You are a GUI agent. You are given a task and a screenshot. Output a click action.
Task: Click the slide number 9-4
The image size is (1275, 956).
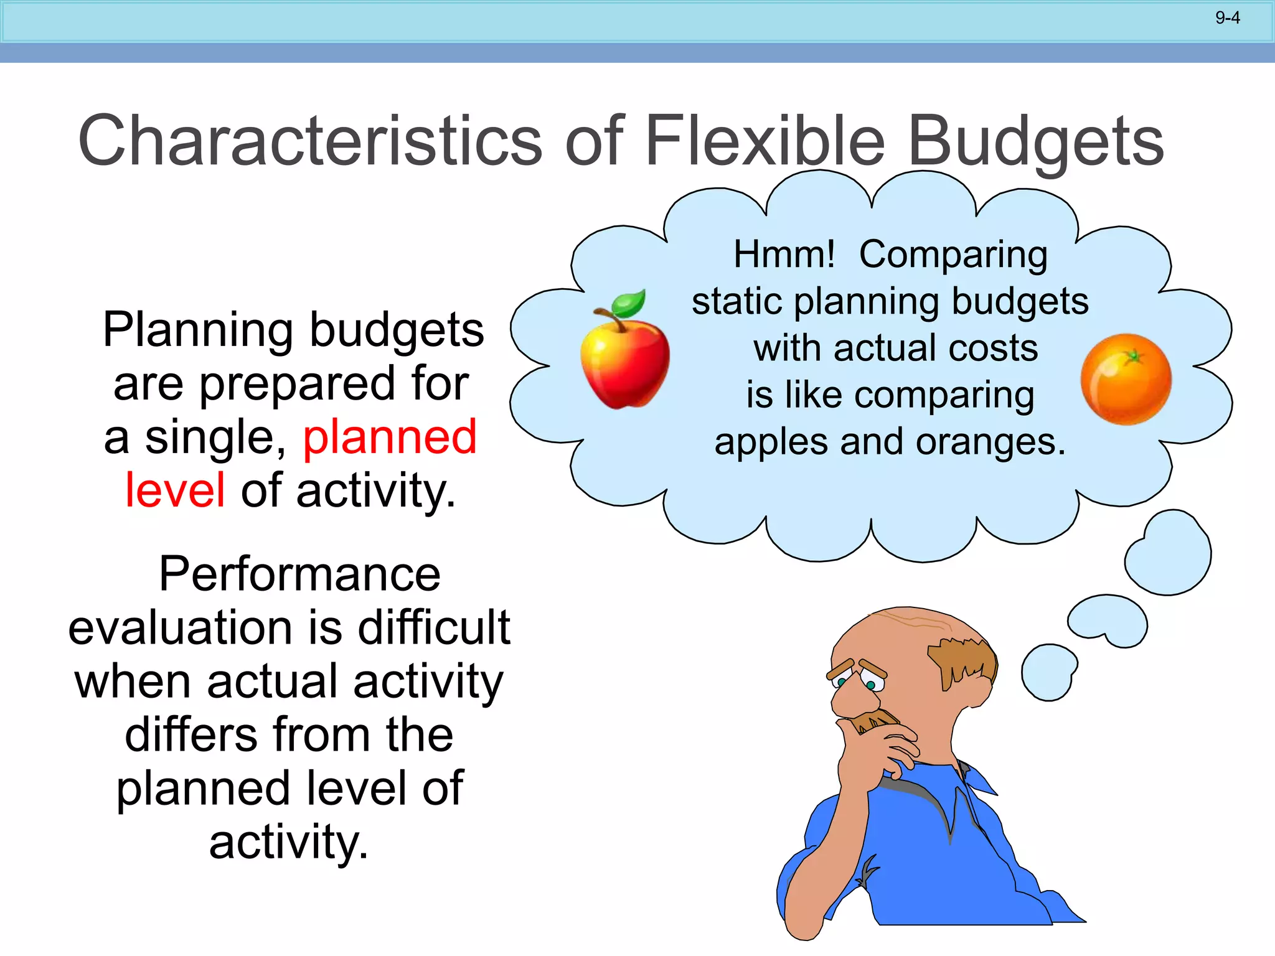pyautogui.click(x=1227, y=18)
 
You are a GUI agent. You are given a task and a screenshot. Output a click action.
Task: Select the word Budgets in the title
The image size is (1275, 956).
pyautogui.click(x=1036, y=142)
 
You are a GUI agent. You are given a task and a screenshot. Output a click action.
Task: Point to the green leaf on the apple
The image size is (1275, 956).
pyautogui.click(x=629, y=304)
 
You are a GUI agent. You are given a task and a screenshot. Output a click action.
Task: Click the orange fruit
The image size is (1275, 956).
pyautogui.click(x=1126, y=380)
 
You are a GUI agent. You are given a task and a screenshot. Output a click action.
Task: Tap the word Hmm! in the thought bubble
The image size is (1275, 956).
pyautogui.click(x=784, y=255)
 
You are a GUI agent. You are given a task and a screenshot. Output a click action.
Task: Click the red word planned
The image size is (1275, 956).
pyautogui.click(x=390, y=437)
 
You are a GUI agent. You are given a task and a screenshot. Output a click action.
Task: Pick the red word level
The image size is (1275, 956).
pyautogui.click(x=175, y=490)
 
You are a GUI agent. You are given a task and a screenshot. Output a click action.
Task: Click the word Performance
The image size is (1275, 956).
pyautogui.click(x=299, y=574)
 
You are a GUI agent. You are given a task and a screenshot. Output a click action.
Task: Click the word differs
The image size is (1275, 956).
pyautogui.click(x=191, y=734)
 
